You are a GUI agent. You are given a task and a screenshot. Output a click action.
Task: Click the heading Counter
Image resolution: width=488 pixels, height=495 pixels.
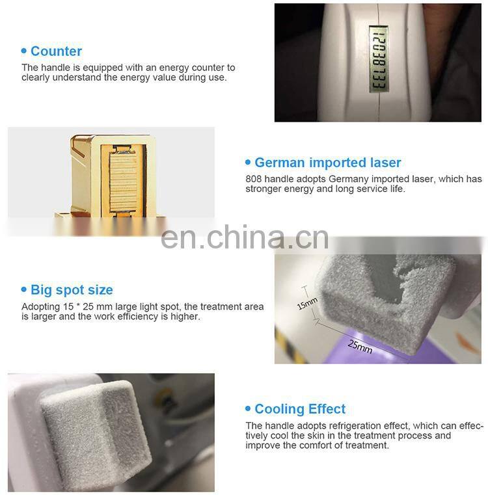tap(56, 51)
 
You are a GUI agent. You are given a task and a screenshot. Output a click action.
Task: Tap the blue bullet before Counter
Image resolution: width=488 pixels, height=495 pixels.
tap(25, 51)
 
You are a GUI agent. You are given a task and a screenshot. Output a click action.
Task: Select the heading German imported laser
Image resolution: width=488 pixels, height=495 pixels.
tap(327, 163)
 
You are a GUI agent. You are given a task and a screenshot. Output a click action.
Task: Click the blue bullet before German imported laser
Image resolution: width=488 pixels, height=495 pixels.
tap(248, 163)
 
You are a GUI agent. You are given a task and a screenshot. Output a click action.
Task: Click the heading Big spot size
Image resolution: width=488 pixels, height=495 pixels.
tap(72, 290)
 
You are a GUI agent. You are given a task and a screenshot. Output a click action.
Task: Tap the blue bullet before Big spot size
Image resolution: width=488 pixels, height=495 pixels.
tap(25, 290)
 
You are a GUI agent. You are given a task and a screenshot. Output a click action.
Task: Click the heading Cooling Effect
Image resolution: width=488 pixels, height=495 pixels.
tap(300, 409)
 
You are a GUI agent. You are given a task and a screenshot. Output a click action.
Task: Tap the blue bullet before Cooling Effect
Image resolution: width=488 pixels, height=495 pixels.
tap(248, 409)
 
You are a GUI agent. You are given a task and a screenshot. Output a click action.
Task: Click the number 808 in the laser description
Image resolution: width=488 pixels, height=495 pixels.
tap(253, 180)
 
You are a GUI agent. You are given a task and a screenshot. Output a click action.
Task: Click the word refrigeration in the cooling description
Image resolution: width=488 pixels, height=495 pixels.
tap(346, 426)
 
